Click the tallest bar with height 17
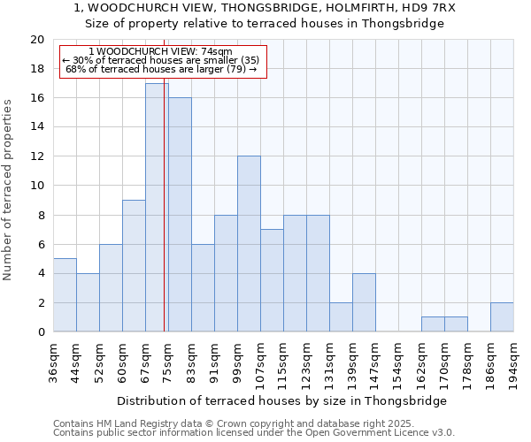point(157,208)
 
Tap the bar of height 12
point(249,244)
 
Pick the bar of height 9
point(134,266)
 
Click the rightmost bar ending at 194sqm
point(502,317)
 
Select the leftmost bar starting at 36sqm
point(65,295)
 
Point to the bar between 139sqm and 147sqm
point(364,302)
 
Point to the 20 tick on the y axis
point(36,40)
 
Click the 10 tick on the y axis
point(36,186)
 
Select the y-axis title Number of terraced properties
point(8,190)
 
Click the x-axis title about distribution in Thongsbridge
point(282,401)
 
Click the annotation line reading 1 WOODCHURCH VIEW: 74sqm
point(161,52)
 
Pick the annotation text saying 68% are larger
point(161,69)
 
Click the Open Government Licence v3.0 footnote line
point(254,433)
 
